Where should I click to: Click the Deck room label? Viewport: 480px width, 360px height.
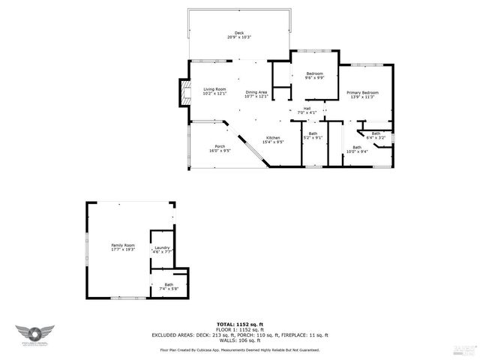(x=239, y=34)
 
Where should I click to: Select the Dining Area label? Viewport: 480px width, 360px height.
(x=256, y=94)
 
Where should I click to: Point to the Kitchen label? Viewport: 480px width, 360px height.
(x=272, y=140)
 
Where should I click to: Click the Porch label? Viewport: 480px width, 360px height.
(x=220, y=148)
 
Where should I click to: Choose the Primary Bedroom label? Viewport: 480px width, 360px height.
(x=362, y=94)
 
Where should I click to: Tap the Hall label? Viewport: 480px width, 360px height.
(x=307, y=110)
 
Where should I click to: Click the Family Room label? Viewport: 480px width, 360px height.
(x=123, y=247)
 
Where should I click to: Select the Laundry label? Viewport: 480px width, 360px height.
(x=163, y=250)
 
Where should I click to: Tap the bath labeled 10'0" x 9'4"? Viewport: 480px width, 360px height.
(x=357, y=149)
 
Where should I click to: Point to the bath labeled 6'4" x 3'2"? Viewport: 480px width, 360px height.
(x=376, y=135)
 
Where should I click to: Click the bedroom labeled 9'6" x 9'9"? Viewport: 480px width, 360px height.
(x=315, y=75)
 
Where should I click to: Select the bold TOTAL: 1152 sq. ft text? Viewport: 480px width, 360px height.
(x=240, y=323)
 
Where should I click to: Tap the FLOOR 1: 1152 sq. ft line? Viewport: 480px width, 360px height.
(x=240, y=328)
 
